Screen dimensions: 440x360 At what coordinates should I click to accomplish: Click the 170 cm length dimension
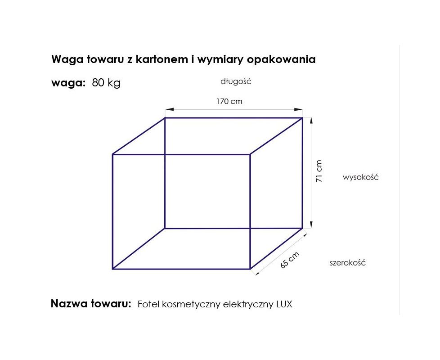pos(229,101)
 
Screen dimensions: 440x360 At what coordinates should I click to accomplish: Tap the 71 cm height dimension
pos(319,171)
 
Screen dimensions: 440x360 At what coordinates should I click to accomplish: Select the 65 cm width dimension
pos(290,260)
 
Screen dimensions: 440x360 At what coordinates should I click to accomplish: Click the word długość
pos(236,81)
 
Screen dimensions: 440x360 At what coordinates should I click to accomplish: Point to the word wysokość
pos(360,177)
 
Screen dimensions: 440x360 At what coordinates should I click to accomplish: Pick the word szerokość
pos(348,263)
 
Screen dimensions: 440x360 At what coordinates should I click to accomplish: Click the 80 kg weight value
pos(106,83)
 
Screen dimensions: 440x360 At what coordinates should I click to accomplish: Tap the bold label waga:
pos(68,83)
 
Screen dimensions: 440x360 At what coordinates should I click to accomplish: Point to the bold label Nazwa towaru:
pos(91,304)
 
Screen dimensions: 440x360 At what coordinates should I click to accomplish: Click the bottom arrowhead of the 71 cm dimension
pos(311,225)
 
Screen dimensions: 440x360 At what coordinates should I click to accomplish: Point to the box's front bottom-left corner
pos(113,269)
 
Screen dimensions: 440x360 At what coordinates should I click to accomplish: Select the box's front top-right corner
pos(250,154)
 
